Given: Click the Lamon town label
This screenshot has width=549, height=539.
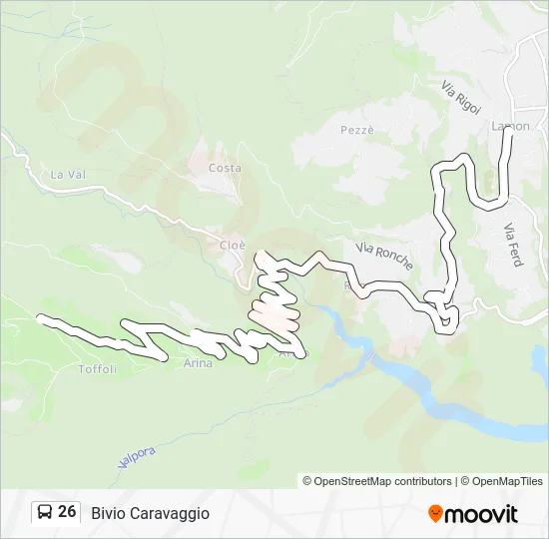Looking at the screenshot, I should pos(510,126).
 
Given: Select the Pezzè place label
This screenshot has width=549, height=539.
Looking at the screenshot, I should pos(356,131).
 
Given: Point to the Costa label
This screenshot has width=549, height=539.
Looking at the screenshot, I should pos(225,168).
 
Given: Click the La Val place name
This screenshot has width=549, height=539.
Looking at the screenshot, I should pos(70,175).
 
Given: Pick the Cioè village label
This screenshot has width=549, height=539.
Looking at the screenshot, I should pos(219,244).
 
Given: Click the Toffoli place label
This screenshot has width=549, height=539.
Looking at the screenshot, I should pos(98,368).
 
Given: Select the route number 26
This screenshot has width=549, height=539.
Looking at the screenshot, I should pos(67,512).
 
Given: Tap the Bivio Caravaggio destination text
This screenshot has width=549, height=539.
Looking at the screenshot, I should pos(150,513).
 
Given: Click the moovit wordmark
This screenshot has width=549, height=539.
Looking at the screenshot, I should pos(481,514).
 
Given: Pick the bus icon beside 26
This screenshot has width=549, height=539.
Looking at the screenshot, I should pos(44,513).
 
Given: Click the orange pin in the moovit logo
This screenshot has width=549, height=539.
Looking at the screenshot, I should pos(435,514).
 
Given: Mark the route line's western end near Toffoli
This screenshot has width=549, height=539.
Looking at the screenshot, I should pos(41,319).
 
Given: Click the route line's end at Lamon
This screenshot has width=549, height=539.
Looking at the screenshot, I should pos(508,131).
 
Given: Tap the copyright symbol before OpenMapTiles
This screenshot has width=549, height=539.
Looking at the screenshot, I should pos(461,481).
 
